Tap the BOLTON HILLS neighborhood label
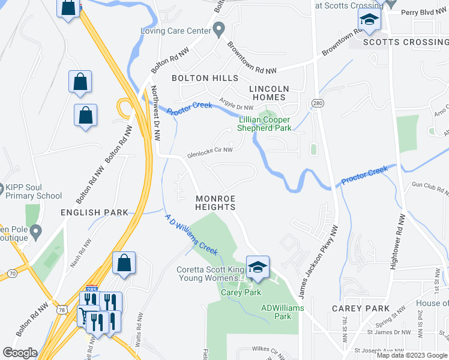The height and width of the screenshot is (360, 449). (x=205, y=78)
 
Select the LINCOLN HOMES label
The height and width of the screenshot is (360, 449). (x=269, y=93)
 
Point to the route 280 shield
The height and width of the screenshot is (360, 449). (x=318, y=104)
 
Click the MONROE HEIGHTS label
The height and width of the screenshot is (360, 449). (x=215, y=202)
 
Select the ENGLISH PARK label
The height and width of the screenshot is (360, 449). (x=94, y=212)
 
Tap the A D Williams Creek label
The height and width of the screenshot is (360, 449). (x=191, y=235)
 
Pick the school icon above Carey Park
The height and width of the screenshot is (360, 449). (x=258, y=268)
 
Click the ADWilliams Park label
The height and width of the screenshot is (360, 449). (x=282, y=312)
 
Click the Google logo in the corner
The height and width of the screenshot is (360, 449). (x=20, y=352)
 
